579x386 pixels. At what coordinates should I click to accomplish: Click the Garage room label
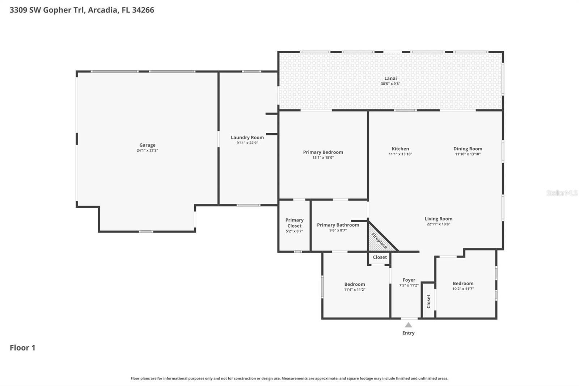(147, 145)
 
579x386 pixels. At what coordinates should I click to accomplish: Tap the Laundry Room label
(247, 138)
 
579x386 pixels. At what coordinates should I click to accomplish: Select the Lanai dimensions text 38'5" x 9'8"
(390, 84)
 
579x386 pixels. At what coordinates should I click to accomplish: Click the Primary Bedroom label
(323, 152)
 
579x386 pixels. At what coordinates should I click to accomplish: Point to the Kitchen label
(400, 149)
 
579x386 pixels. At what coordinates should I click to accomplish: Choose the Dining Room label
(468, 149)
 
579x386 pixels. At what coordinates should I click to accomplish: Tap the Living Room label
(438, 219)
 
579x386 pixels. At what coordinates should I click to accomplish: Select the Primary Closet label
(294, 223)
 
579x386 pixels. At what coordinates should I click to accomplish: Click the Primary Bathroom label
(338, 225)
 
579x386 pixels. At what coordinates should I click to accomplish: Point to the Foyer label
(409, 280)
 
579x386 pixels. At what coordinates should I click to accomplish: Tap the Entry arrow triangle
(408, 325)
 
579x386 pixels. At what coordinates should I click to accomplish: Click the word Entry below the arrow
(408, 333)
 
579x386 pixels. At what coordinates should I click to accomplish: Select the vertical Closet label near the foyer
(428, 301)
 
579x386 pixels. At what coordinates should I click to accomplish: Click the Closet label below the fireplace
(380, 257)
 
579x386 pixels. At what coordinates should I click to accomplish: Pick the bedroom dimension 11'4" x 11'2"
(354, 290)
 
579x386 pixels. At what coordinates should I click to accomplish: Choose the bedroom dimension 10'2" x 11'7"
(463, 289)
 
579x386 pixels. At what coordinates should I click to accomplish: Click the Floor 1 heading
(22, 348)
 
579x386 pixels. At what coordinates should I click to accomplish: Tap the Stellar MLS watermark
(562, 193)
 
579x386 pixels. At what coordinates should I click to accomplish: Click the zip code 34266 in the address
(143, 10)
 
